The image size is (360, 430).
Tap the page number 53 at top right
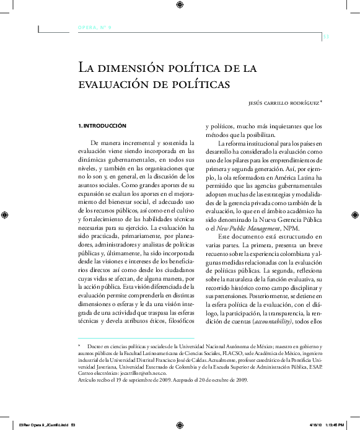[327, 37]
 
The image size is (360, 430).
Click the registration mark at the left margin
[5, 215]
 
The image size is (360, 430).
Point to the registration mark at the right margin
[354, 215]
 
